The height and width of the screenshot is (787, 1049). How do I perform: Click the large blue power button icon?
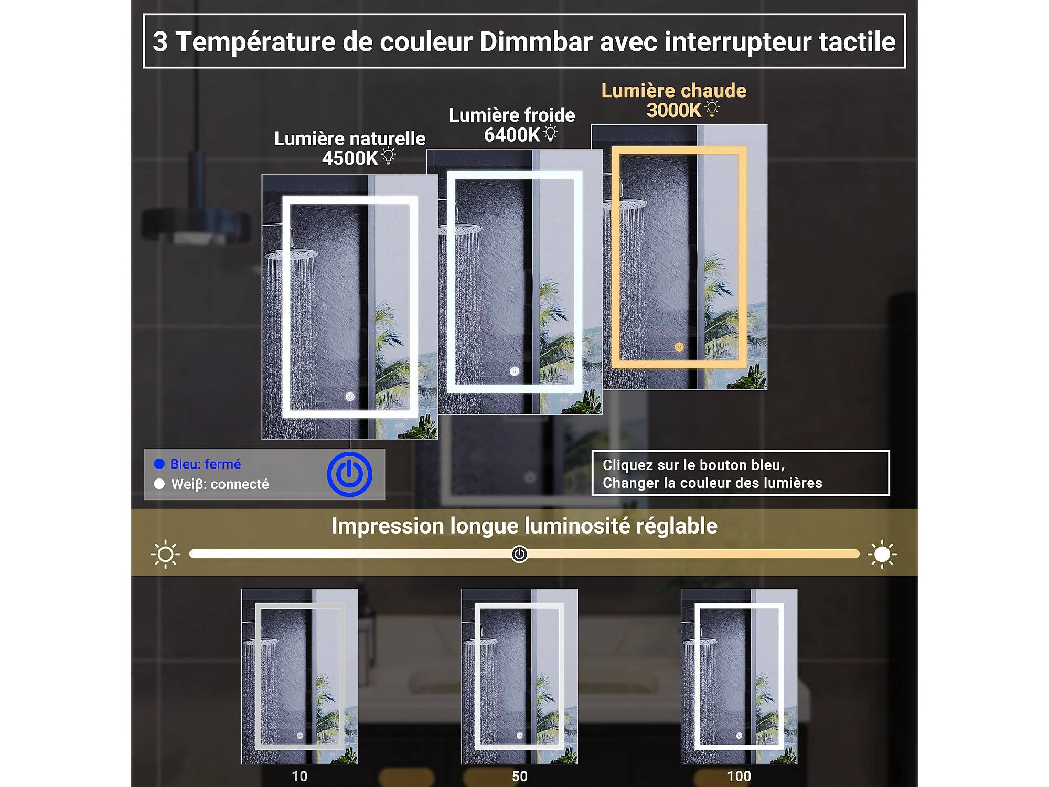click(349, 474)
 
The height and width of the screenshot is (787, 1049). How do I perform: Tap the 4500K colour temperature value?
click(350, 158)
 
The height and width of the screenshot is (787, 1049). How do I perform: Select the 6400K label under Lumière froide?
click(512, 135)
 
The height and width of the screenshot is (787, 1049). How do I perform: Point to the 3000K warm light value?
click(674, 111)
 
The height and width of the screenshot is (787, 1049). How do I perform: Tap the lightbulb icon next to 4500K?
click(389, 156)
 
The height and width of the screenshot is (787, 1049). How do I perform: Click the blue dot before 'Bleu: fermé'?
click(159, 464)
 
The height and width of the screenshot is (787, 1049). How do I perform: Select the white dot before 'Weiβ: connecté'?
click(159, 484)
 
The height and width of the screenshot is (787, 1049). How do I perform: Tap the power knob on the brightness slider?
click(519, 554)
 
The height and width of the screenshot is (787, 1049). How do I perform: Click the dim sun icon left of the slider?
click(166, 554)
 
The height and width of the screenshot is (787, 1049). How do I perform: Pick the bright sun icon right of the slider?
click(882, 554)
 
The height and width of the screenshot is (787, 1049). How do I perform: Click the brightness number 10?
click(299, 777)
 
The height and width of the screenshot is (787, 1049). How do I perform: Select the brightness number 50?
click(520, 777)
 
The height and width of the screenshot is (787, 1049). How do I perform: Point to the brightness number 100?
click(739, 777)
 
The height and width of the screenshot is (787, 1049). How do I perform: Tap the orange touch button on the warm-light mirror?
click(679, 347)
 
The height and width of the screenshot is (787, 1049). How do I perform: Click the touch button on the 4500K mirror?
click(350, 397)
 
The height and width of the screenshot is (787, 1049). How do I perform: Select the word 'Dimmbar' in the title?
click(536, 42)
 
